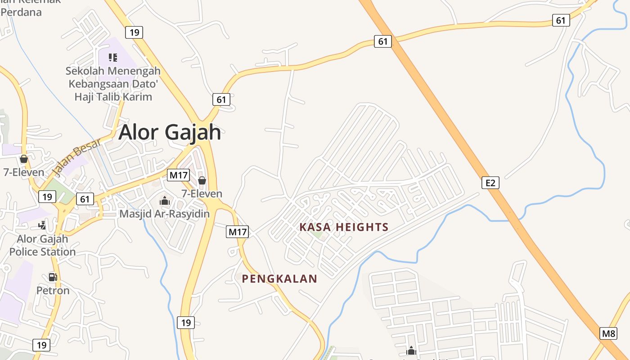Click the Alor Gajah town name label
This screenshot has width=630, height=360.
click(x=170, y=132)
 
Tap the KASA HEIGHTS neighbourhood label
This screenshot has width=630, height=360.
click(x=344, y=227)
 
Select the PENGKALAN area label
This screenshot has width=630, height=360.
click(x=279, y=279)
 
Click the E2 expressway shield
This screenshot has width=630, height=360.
click(x=490, y=183)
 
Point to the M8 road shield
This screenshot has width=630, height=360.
click(x=608, y=333)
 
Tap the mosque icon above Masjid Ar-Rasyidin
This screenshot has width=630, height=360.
click(x=165, y=201)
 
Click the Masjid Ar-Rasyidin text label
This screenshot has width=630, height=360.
click(x=164, y=214)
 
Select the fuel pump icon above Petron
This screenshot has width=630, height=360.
click(x=53, y=277)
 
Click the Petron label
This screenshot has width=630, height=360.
click(x=53, y=291)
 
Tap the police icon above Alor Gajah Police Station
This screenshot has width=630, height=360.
click(x=42, y=225)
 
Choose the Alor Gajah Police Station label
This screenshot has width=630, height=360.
click(x=42, y=245)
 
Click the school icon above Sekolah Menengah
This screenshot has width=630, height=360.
click(x=113, y=57)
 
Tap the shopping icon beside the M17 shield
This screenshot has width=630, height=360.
click(x=202, y=180)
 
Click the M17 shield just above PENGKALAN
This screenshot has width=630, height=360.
click(x=237, y=232)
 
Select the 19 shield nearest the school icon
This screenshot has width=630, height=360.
click(x=134, y=32)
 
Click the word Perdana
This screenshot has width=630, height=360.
click(x=21, y=12)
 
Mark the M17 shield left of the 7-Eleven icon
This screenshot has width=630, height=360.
click(x=178, y=175)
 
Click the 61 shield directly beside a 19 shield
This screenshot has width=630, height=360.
click(x=85, y=199)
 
